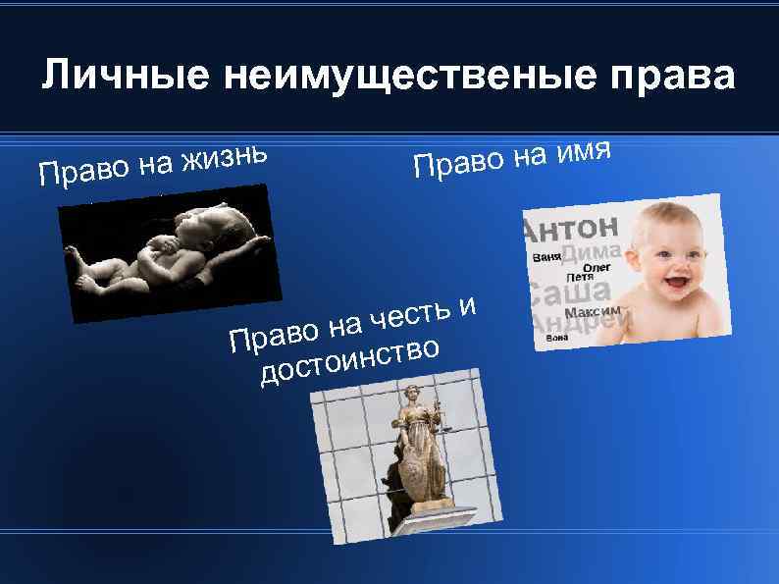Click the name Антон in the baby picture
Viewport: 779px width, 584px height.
click(x=574, y=230)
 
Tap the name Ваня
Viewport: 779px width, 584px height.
click(x=546, y=257)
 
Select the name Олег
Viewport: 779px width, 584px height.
click(x=597, y=266)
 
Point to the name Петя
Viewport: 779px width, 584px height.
click(x=578, y=276)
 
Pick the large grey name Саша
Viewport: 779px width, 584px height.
click(x=570, y=292)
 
